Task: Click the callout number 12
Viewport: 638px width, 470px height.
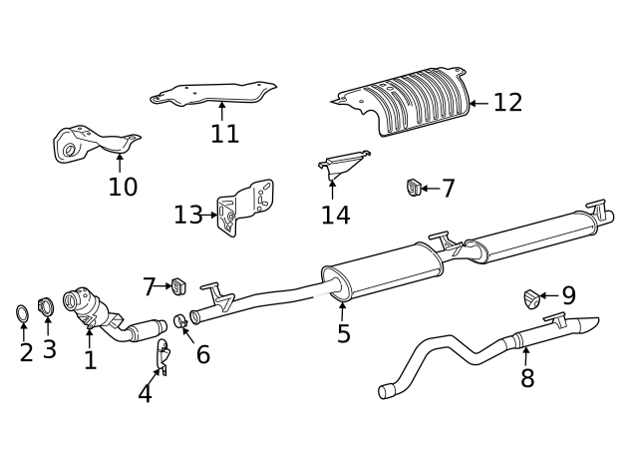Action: [x=507, y=103]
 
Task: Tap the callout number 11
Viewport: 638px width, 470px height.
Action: [x=224, y=134]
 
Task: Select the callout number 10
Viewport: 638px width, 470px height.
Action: [x=123, y=187]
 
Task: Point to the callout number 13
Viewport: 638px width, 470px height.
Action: [x=187, y=215]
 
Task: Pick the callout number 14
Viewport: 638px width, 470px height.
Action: [x=336, y=215]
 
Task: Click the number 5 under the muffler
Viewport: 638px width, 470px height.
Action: [x=344, y=333]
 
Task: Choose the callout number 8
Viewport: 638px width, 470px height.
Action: [x=526, y=378]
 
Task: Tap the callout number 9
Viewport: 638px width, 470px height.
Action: [x=568, y=295]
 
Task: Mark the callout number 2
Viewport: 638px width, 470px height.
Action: [x=26, y=352]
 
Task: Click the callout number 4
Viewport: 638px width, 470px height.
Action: [x=146, y=393]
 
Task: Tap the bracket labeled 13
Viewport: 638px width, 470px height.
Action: [x=244, y=207]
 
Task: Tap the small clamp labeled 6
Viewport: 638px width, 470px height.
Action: [x=180, y=320]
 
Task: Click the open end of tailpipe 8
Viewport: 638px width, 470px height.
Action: [x=388, y=391]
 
